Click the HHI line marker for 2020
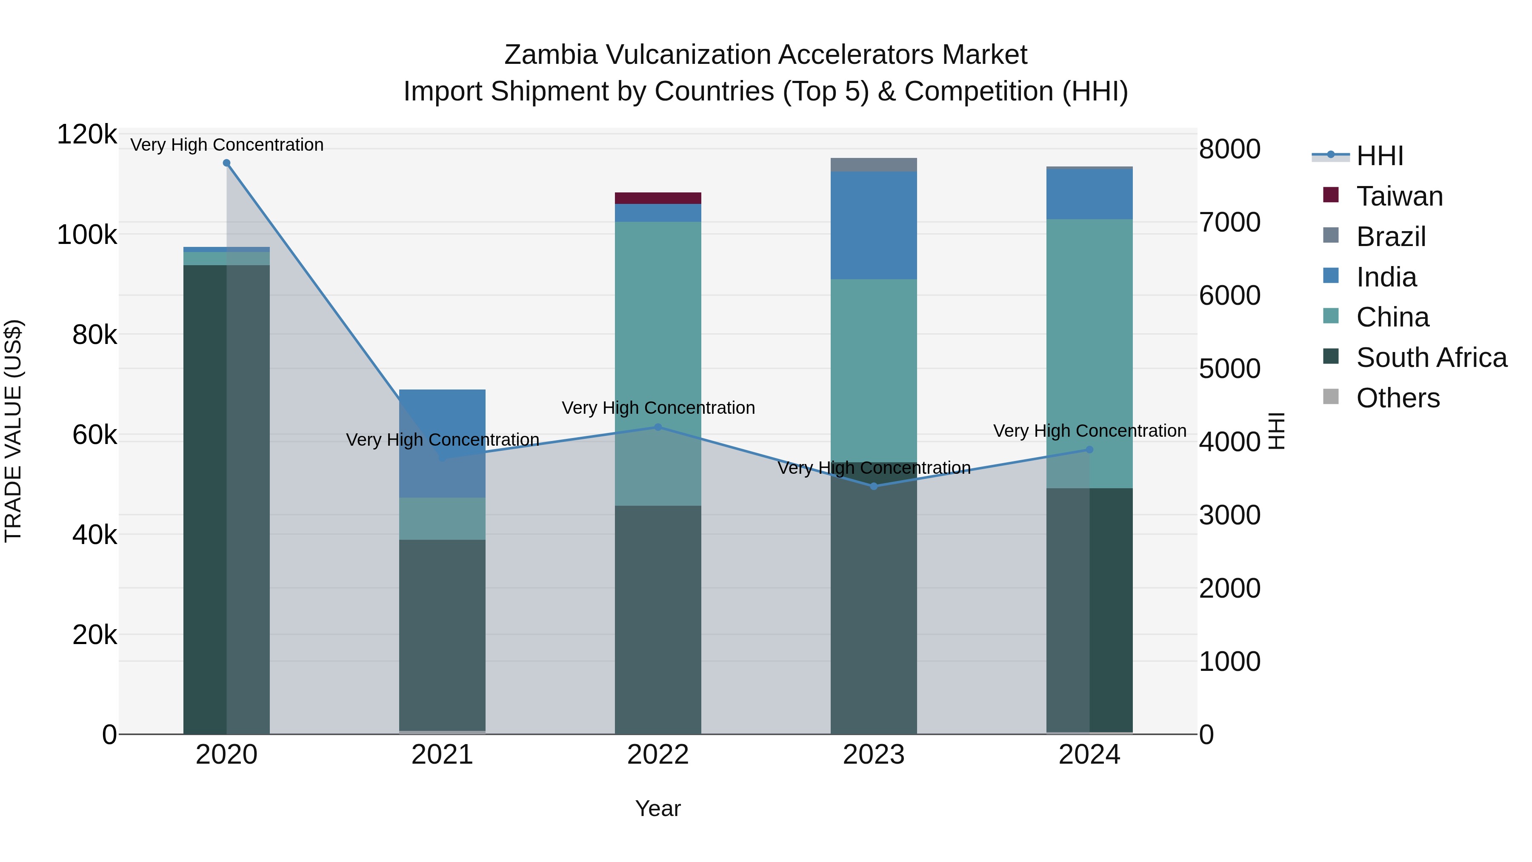226,163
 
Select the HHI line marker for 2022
658,427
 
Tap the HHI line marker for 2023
874,487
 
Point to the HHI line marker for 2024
1089,450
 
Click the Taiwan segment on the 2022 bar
658,198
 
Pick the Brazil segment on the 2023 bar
874,165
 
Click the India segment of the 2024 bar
1089,194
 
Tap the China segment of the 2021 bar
442,519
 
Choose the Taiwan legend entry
1399,196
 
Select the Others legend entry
1398,398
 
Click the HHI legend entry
1380,156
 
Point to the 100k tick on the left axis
87,235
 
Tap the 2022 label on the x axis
658,755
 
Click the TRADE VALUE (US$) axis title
14,431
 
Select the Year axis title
658,808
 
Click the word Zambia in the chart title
550,55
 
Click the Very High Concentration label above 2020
226,145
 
